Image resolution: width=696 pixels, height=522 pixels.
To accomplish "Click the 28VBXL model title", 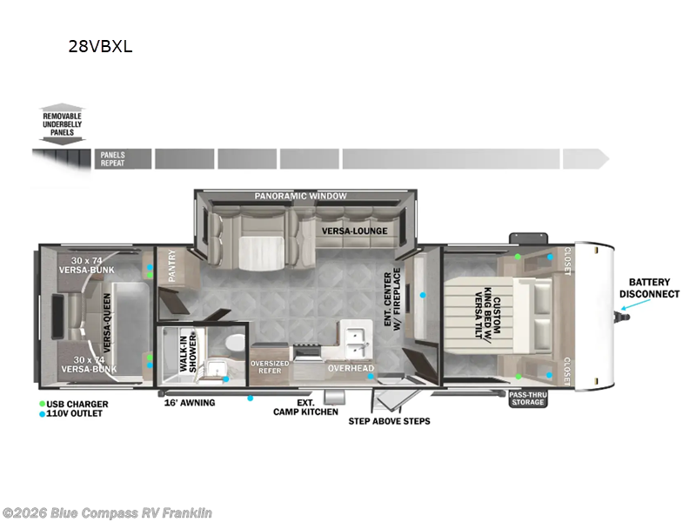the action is click(100, 47).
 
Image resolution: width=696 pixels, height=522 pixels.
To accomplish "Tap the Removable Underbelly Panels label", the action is click(62, 124).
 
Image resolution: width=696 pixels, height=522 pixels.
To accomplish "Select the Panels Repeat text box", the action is click(123, 159).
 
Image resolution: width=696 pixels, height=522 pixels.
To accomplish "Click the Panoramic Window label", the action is click(300, 196).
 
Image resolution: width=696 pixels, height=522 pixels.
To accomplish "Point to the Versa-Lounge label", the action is click(355, 231).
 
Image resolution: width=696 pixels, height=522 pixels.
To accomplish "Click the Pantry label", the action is click(172, 265).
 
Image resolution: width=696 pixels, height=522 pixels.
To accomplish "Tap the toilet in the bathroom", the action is click(234, 343).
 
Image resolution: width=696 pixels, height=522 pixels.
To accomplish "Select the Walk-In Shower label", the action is click(188, 353).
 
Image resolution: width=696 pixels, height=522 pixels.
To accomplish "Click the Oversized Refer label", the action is click(270, 367).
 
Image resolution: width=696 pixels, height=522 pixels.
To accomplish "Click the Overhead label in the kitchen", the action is click(351, 368).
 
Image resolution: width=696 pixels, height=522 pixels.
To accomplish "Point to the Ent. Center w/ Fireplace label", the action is click(392, 299).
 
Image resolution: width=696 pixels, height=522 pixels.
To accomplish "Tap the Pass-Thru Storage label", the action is click(528, 398).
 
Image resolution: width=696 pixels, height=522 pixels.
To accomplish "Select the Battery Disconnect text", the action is click(649, 288).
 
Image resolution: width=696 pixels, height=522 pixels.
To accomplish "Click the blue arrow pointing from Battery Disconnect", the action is click(636, 304).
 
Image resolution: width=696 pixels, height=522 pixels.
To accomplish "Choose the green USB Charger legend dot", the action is click(42, 404).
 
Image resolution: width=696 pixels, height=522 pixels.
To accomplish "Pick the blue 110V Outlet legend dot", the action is click(42, 414).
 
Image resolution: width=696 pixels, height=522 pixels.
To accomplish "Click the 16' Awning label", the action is click(190, 403).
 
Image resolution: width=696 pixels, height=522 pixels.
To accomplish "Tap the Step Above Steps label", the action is click(389, 421).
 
